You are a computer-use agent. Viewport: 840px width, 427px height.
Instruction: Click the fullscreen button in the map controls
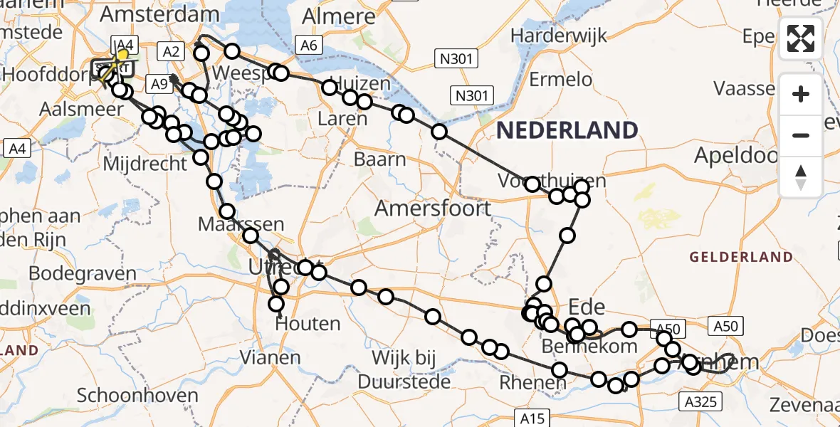click(x=801, y=38)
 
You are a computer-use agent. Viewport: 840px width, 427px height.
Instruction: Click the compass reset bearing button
click(x=801, y=176)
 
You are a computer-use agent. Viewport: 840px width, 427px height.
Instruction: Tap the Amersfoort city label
click(x=433, y=209)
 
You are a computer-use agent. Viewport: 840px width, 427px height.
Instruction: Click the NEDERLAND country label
click(x=567, y=130)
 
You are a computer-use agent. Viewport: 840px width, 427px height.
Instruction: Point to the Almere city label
click(x=329, y=16)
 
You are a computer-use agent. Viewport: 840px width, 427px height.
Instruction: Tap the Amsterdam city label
click(x=159, y=15)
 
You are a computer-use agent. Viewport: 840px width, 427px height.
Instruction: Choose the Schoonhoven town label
click(x=127, y=395)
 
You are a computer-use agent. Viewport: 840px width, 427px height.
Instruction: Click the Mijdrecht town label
click(x=145, y=163)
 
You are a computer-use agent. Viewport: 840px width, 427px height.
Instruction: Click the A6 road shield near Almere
click(x=308, y=46)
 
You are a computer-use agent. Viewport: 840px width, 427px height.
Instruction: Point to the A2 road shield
click(x=172, y=51)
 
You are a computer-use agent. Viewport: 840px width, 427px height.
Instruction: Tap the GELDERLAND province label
click(x=741, y=256)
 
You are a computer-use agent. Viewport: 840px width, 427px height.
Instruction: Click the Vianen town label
click(x=270, y=357)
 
